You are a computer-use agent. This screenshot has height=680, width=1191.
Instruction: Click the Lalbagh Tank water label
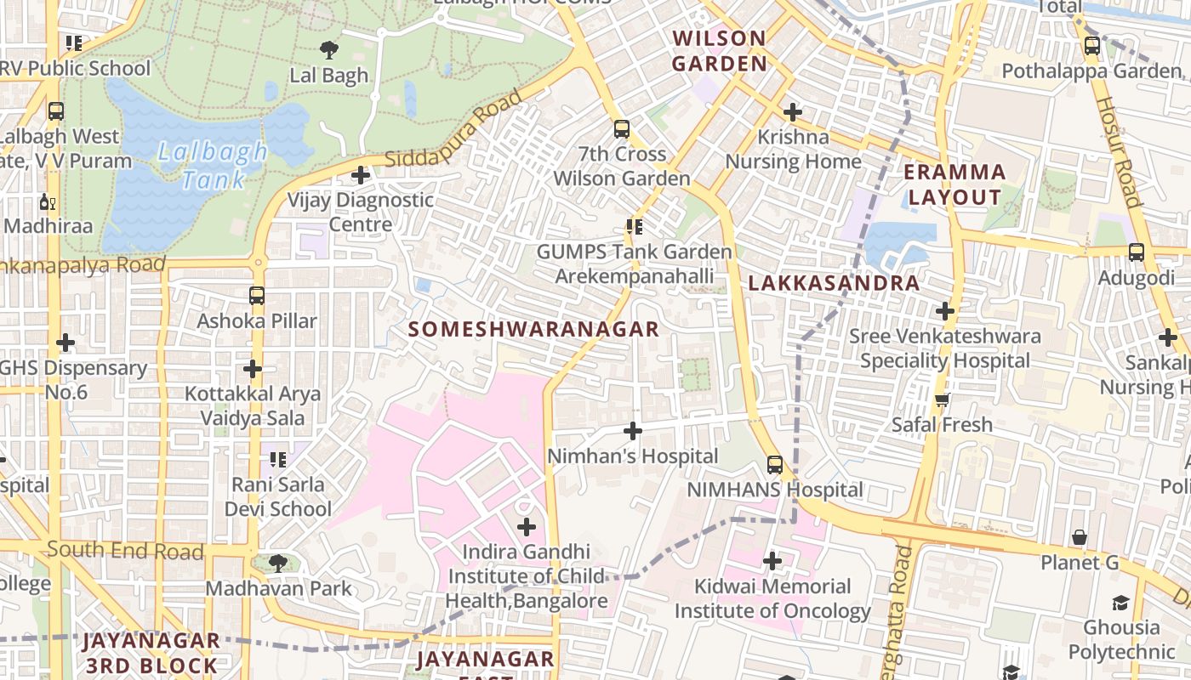click(x=212, y=166)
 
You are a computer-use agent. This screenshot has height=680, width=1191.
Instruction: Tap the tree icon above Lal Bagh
click(x=328, y=49)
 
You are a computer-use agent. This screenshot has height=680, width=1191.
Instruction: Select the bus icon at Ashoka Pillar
click(x=257, y=296)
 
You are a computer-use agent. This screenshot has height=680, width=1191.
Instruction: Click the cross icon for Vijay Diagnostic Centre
click(x=361, y=175)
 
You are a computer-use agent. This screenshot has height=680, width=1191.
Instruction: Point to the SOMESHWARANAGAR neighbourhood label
click(x=533, y=329)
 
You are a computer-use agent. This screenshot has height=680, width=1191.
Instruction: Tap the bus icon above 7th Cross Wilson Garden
click(x=622, y=129)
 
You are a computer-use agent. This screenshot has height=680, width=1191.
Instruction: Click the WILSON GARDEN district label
click(x=720, y=50)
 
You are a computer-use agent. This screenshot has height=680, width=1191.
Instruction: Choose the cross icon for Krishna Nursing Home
click(x=793, y=111)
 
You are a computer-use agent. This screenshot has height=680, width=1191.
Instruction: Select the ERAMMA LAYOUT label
click(x=955, y=184)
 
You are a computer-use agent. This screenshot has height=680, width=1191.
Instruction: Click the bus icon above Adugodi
click(x=1136, y=252)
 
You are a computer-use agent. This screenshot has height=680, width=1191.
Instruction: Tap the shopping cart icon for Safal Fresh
click(x=942, y=399)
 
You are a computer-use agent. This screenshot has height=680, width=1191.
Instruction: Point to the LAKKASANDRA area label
click(x=834, y=283)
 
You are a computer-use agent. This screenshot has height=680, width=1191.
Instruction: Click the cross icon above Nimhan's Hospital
click(x=632, y=431)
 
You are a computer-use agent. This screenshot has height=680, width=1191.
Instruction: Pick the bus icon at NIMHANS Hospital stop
click(x=774, y=464)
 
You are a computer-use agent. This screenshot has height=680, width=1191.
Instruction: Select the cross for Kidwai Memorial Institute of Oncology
click(x=772, y=561)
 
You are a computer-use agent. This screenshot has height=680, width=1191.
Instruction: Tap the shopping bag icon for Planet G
click(x=1079, y=537)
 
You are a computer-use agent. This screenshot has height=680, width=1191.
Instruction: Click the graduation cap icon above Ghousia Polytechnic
click(x=1120, y=603)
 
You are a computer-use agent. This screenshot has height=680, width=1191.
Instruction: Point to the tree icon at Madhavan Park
click(x=277, y=563)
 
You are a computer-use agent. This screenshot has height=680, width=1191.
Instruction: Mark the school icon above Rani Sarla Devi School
click(x=277, y=459)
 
